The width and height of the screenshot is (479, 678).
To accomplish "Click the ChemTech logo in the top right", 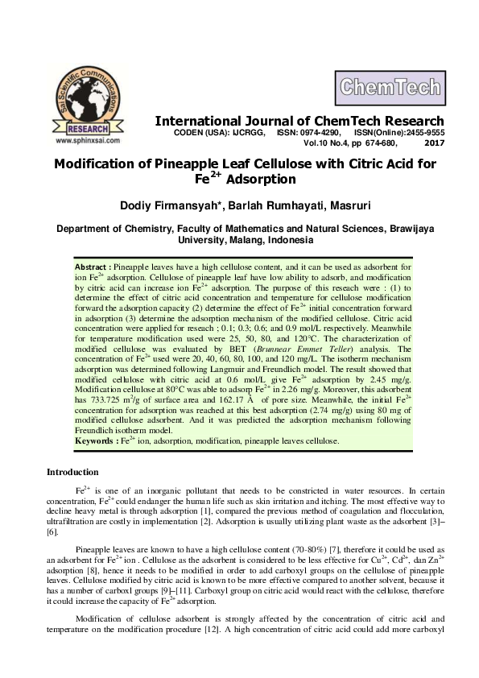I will (389, 86).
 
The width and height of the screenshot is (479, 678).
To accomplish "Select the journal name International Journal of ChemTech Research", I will (299, 121).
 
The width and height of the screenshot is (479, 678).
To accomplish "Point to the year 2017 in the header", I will (434, 143).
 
